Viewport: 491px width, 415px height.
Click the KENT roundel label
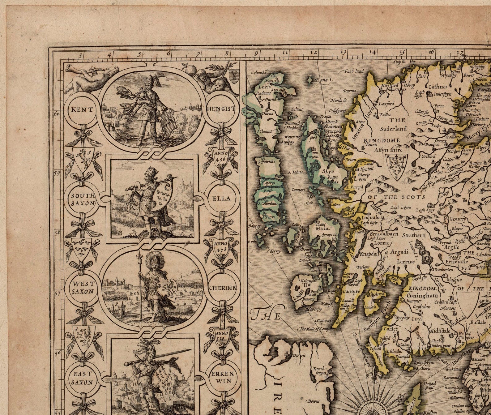(82, 109)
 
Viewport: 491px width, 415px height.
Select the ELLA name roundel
(222, 199)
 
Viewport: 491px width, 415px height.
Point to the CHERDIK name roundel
(223, 288)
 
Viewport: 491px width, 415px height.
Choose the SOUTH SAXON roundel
(83, 199)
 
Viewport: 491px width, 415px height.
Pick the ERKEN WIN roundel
(222, 377)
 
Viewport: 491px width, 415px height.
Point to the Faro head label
(354, 71)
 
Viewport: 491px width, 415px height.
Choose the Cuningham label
(422, 295)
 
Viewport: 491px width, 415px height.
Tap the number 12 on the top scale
(314, 53)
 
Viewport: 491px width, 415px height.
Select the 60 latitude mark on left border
(57, 114)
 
